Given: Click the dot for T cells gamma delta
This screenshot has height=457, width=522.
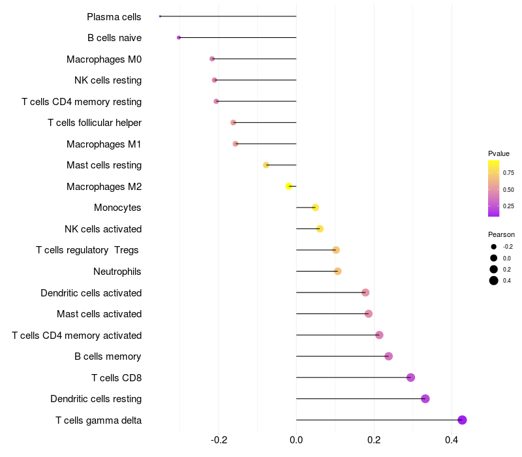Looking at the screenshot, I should [462, 420].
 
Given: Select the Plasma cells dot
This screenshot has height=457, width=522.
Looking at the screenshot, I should [160, 16].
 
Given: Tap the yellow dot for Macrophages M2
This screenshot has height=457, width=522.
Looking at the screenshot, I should [289, 186].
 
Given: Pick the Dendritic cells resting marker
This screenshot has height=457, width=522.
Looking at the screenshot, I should [425, 399].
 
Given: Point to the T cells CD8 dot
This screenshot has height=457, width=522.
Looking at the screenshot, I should [410, 377].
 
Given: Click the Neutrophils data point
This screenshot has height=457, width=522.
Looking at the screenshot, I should [337, 271].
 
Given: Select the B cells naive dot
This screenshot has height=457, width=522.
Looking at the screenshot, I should [179, 38].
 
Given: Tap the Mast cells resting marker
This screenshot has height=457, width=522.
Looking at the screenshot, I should [266, 165].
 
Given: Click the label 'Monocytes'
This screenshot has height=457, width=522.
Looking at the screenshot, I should [117, 208].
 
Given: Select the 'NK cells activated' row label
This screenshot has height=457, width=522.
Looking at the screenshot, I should [103, 229].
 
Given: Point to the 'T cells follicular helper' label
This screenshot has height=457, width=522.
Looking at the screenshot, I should [95, 123].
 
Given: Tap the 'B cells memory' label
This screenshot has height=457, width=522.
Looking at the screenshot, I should [108, 356].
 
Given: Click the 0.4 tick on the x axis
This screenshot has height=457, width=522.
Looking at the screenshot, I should [452, 441].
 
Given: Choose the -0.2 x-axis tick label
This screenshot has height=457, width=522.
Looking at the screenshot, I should [219, 441].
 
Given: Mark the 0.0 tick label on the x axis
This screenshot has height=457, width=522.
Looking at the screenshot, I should [296, 441].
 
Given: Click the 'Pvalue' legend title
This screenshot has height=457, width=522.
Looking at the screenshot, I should [499, 153].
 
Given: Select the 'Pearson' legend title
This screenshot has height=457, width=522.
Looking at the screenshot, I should [501, 234].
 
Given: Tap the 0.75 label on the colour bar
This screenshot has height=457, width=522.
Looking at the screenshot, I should [508, 173].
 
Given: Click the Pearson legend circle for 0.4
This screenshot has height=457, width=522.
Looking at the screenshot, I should [494, 281].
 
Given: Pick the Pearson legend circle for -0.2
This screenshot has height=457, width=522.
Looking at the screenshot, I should [494, 247].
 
